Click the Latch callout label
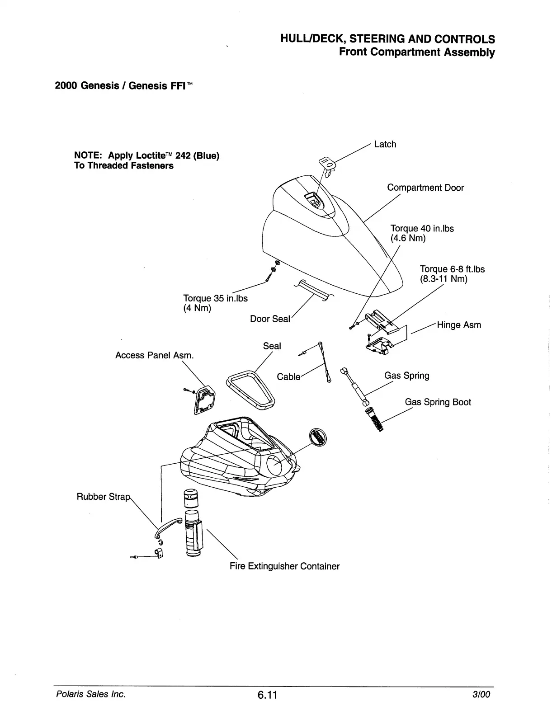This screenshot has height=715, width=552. (385, 144)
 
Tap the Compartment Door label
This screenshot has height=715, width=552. (425, 188)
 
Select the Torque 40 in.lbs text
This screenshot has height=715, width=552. (422, 229)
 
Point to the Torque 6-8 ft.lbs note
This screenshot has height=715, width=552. (452, 269)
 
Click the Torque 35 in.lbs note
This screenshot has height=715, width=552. (215, 299)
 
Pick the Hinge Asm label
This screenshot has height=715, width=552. (459, 325)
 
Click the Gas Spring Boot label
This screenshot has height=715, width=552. (438, 402)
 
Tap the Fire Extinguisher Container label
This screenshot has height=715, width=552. (284, 566)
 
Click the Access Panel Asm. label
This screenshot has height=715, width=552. (155, 355)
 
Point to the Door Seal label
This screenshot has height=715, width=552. (270, 319)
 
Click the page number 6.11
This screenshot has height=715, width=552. (267, 695)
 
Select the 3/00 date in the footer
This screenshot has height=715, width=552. (481, 694)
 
